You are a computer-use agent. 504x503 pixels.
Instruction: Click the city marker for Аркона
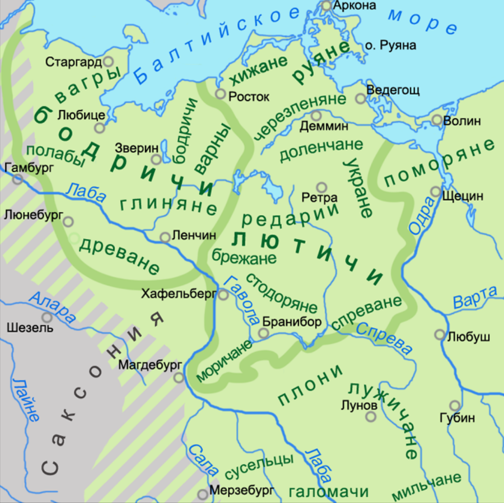(327, 6)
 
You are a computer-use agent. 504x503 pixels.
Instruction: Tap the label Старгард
(73, 62)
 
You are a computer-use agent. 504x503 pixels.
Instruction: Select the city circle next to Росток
(221, 94)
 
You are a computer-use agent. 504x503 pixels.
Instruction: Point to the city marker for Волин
(437, 120)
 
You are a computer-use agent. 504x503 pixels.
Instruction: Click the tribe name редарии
(290, 215)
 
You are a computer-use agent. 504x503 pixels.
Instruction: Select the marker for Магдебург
(179, 377)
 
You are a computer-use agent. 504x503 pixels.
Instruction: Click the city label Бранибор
(292, 322)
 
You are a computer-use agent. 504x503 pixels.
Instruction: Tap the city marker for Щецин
(435, 192)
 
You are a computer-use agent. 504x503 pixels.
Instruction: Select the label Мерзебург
(238, 490)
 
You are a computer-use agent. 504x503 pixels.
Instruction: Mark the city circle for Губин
(455, 406)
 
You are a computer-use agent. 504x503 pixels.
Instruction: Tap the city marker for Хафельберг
(223, 294)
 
